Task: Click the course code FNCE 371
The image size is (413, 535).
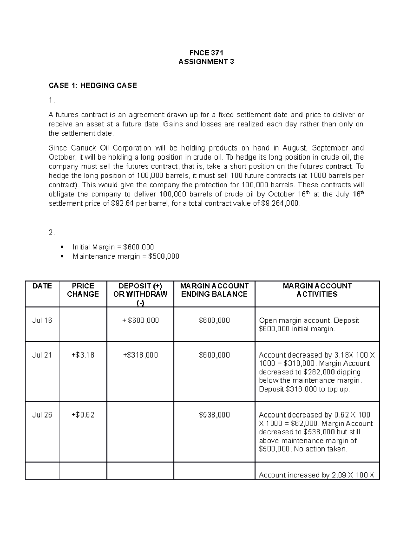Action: click(206, 53)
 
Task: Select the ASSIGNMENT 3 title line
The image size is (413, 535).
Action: click(206, 62)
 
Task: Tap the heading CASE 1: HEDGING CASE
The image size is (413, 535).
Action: click(93, 85)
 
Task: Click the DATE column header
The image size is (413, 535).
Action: click(42, 286)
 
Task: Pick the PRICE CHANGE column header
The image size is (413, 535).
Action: click(83, 290)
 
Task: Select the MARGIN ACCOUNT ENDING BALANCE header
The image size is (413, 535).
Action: click(214, 290)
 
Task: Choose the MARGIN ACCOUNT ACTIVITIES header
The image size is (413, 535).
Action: click(317, 290)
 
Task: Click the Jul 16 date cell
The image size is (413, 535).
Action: click(42, 320)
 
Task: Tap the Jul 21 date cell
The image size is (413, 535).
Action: click(42, 355)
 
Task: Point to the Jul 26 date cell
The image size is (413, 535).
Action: click(42, 415)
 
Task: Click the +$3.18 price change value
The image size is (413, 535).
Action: click(83, 355)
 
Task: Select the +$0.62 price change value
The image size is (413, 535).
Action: click(83, 415)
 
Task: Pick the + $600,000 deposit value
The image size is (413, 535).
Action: click(140, 320)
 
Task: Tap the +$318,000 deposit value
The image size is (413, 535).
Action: click(140, 355)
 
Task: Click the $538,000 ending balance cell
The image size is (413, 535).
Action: click(214, 415)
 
